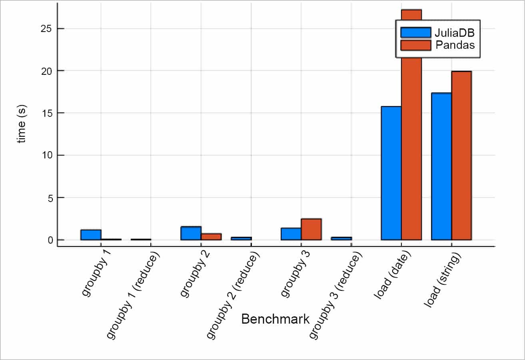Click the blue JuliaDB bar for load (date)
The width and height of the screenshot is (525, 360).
coord(391,173)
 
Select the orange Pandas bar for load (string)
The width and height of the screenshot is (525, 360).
coord(461,156)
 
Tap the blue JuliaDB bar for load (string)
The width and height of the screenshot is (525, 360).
coord(441,166)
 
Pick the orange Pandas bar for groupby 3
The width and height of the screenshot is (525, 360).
coord(311,229)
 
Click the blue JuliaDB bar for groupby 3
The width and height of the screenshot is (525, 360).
coord(291,234)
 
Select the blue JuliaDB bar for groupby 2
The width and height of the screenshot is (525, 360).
coord(191,233)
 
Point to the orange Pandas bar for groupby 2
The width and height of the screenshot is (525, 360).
coord(211,237)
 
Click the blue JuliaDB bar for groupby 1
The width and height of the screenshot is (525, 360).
coord(91,235)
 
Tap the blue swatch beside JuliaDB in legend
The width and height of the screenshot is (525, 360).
coord(416,32)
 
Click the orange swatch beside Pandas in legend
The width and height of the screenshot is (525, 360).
coord(416,45)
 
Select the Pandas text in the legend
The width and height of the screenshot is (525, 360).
coord(455,45)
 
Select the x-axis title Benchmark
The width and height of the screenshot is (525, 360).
coord(275,319)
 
